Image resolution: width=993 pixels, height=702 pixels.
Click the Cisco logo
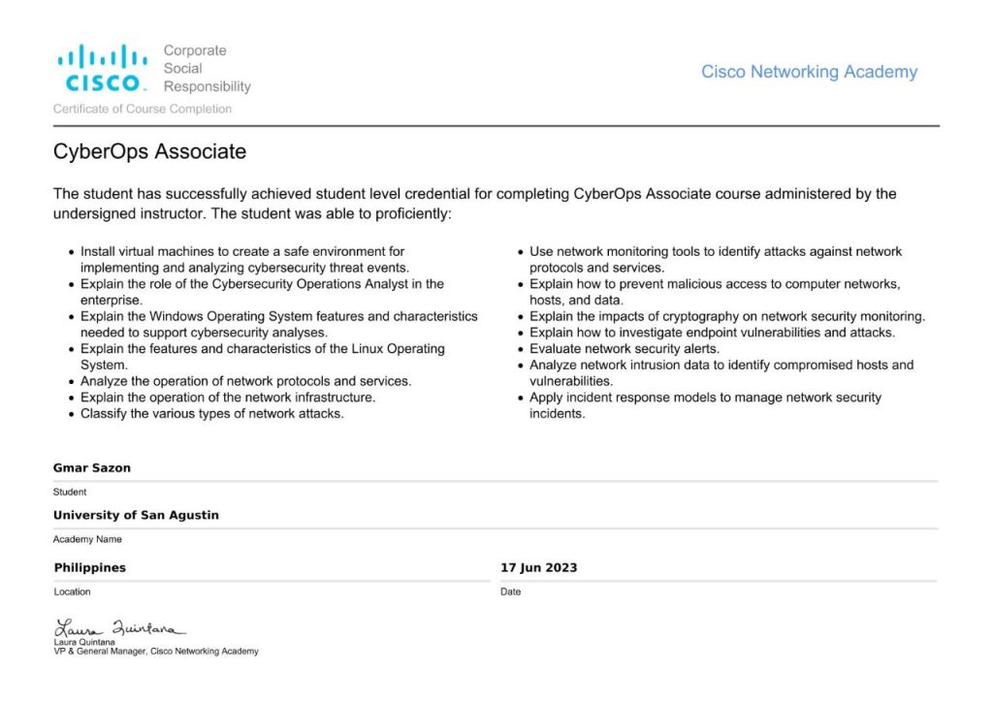point(102,68)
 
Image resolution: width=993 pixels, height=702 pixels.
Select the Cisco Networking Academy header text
point(809,72)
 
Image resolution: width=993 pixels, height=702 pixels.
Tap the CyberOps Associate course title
point(149,152)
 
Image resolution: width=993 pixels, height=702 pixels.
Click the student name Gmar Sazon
point(92,468)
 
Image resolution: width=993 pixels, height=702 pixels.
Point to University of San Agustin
point(136,516)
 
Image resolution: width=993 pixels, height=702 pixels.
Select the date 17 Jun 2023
point(538,567)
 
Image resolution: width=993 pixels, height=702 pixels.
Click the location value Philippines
point(90,567)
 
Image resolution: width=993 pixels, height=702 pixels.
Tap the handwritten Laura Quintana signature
point(119,628)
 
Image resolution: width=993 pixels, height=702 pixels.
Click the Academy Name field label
point(87,539)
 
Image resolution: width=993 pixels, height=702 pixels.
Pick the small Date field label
point(510,591)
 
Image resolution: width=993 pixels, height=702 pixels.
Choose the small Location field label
point(73,591)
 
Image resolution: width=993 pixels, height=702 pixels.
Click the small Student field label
point(70,492)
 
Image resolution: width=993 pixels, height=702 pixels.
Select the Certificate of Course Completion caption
point(143,110)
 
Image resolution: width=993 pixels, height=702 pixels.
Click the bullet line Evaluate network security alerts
point(624,349)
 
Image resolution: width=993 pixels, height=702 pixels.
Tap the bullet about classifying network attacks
point(212,414)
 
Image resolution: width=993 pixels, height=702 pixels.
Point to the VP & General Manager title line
point(156,652)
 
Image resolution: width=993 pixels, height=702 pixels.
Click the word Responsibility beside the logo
point(207,86)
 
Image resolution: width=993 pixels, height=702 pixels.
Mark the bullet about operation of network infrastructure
point(228,398)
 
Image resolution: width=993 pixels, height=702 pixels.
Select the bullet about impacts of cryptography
point(727,316)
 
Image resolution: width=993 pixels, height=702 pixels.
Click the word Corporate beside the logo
point(195,50)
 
